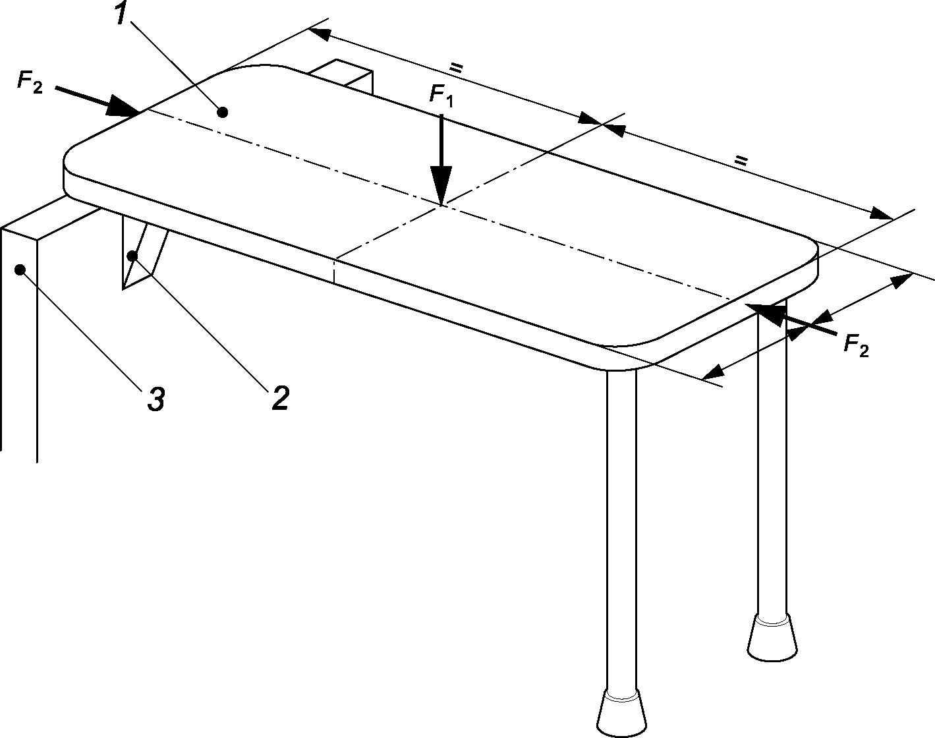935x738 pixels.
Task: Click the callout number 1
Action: tap(121, 14)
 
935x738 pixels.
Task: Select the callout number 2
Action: tap(280, 398)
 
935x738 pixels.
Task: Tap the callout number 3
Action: tap(155, 399)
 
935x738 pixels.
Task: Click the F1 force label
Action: tap(441, 95)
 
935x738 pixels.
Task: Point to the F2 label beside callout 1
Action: tap(30, 82)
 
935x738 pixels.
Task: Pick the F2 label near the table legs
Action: tap(856, 345)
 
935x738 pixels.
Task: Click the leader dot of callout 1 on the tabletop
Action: tap(223, 112)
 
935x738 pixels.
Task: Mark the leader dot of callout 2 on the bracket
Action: tap(133, 255)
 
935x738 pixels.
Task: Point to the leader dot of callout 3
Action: tap(20, 269)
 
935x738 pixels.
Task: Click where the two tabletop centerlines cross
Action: tap(441, 205)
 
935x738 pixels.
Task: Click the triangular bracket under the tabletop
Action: tap(142, 254)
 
